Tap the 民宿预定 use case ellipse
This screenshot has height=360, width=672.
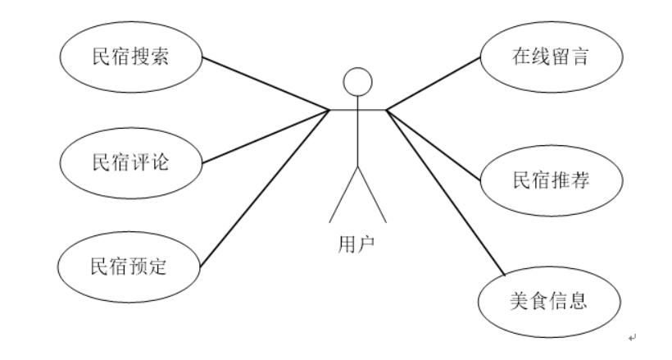point(129,267)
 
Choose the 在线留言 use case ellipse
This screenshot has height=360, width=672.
point(546,58)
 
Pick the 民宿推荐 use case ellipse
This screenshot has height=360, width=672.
point(546,180)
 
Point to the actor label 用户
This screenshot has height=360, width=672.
point(357,244)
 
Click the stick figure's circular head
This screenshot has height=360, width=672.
point(357,81)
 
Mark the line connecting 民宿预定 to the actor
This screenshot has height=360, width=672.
point(262,189)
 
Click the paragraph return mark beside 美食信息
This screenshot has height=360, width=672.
point(631,337)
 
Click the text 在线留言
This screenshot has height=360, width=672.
point(546,58)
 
